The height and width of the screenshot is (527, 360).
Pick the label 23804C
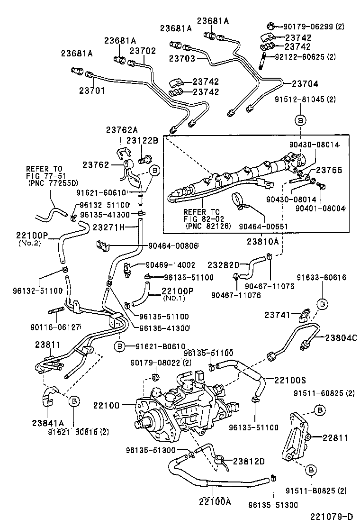pos(340,337)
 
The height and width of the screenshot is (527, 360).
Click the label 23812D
pos(249,461)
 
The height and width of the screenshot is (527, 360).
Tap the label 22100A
pos(215,501)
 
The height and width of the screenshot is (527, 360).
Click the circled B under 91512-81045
pos(300,120)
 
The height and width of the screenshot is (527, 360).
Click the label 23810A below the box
pos(262,242)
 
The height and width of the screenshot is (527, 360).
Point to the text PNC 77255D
pos(53,182)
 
